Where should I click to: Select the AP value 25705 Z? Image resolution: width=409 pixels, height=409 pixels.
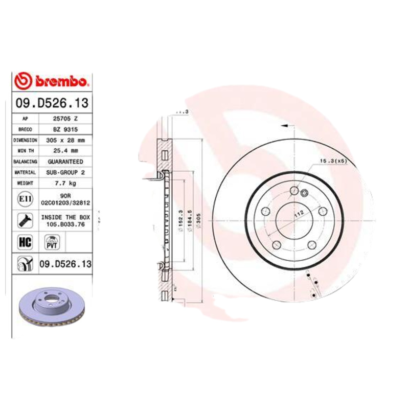(x=64, y=119)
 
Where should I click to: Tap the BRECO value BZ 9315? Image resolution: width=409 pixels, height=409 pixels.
(x=64, y=129)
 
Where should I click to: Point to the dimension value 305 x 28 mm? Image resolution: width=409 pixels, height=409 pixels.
(x=64, y=140)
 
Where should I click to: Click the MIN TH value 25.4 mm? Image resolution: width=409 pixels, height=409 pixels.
(x=64, y=151)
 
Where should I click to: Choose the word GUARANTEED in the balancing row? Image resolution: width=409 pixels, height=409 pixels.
(x=64, y=162)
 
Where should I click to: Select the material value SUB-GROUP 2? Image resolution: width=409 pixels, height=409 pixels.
(x=64, y=172)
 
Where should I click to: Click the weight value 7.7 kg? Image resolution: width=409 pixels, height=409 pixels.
(x=64, y=183)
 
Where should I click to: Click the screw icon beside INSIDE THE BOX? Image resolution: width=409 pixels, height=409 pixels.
(x=24, y=221)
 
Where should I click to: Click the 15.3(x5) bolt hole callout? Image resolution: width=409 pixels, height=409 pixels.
(x=333, y=161)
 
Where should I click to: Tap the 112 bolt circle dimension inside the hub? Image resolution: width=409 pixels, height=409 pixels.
(x=298, y=215)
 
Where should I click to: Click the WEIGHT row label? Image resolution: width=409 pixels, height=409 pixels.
(x=25, y=183)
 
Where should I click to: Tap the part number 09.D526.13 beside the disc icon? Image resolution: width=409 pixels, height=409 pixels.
(x=65, y=264)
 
